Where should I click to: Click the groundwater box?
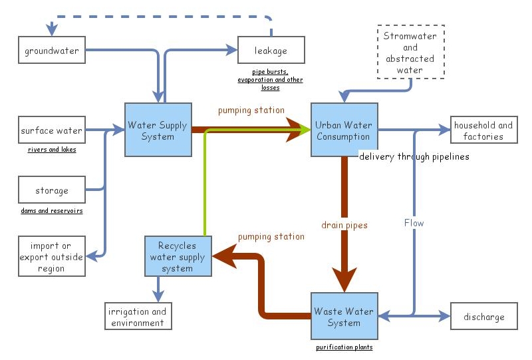tap(52, 51)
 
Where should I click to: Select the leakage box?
tap(271, 51)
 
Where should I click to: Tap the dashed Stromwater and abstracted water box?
tap(410, 53)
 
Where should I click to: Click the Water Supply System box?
tap(158, 130)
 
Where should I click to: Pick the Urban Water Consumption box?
tap(343, 130)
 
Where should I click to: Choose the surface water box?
tap(52, 130)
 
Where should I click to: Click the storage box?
tap(52, 190)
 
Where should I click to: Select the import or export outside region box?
tap(52, 257)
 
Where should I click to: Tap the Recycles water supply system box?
tap(178, 257)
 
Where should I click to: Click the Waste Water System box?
tap(343, 317)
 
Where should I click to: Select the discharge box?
tap(484, 317)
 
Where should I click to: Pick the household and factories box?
tap(484, 130)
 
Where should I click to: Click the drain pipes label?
tap(344, 226)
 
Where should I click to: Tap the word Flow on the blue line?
tap(414, 223)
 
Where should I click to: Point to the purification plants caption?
tap(344, 347)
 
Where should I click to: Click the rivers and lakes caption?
tap(52, 150)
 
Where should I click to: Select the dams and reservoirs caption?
tap(52, 211)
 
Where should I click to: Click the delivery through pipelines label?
tap(414, 157)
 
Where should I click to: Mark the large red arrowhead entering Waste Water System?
tap(344, 279)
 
